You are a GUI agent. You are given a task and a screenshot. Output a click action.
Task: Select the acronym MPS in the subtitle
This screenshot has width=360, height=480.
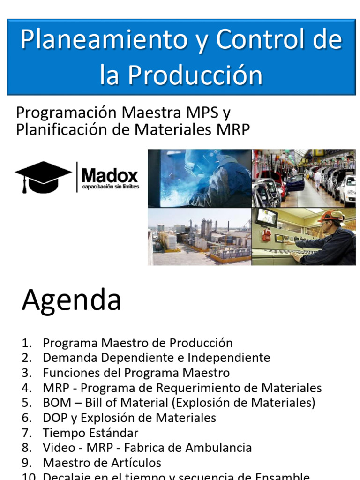pos(204,113)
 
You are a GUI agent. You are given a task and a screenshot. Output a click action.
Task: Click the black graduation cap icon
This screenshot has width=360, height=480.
pos(43,177)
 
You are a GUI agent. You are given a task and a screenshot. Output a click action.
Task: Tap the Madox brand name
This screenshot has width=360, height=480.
pos(110,176)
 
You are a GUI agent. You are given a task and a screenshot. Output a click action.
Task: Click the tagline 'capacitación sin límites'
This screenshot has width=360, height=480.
pos(110,187)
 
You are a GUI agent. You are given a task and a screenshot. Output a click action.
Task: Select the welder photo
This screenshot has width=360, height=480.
pos(199,178)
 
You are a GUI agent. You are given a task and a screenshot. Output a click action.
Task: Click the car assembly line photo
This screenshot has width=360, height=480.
pos(304,178)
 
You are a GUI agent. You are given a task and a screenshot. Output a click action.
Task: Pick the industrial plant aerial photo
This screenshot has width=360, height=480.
pos(199,237)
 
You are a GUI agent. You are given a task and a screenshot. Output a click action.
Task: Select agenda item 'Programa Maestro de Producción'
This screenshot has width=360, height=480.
pos(137,343)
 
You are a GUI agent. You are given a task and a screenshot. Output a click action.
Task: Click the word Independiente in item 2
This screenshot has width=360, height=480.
pos(229,358)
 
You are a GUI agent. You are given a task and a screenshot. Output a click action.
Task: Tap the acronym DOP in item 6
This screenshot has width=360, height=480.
pos(55,418)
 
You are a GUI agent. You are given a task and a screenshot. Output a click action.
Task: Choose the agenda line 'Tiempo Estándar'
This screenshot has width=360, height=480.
pos(90,433)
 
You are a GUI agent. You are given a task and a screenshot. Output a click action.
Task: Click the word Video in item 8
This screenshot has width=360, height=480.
pos(58,448)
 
